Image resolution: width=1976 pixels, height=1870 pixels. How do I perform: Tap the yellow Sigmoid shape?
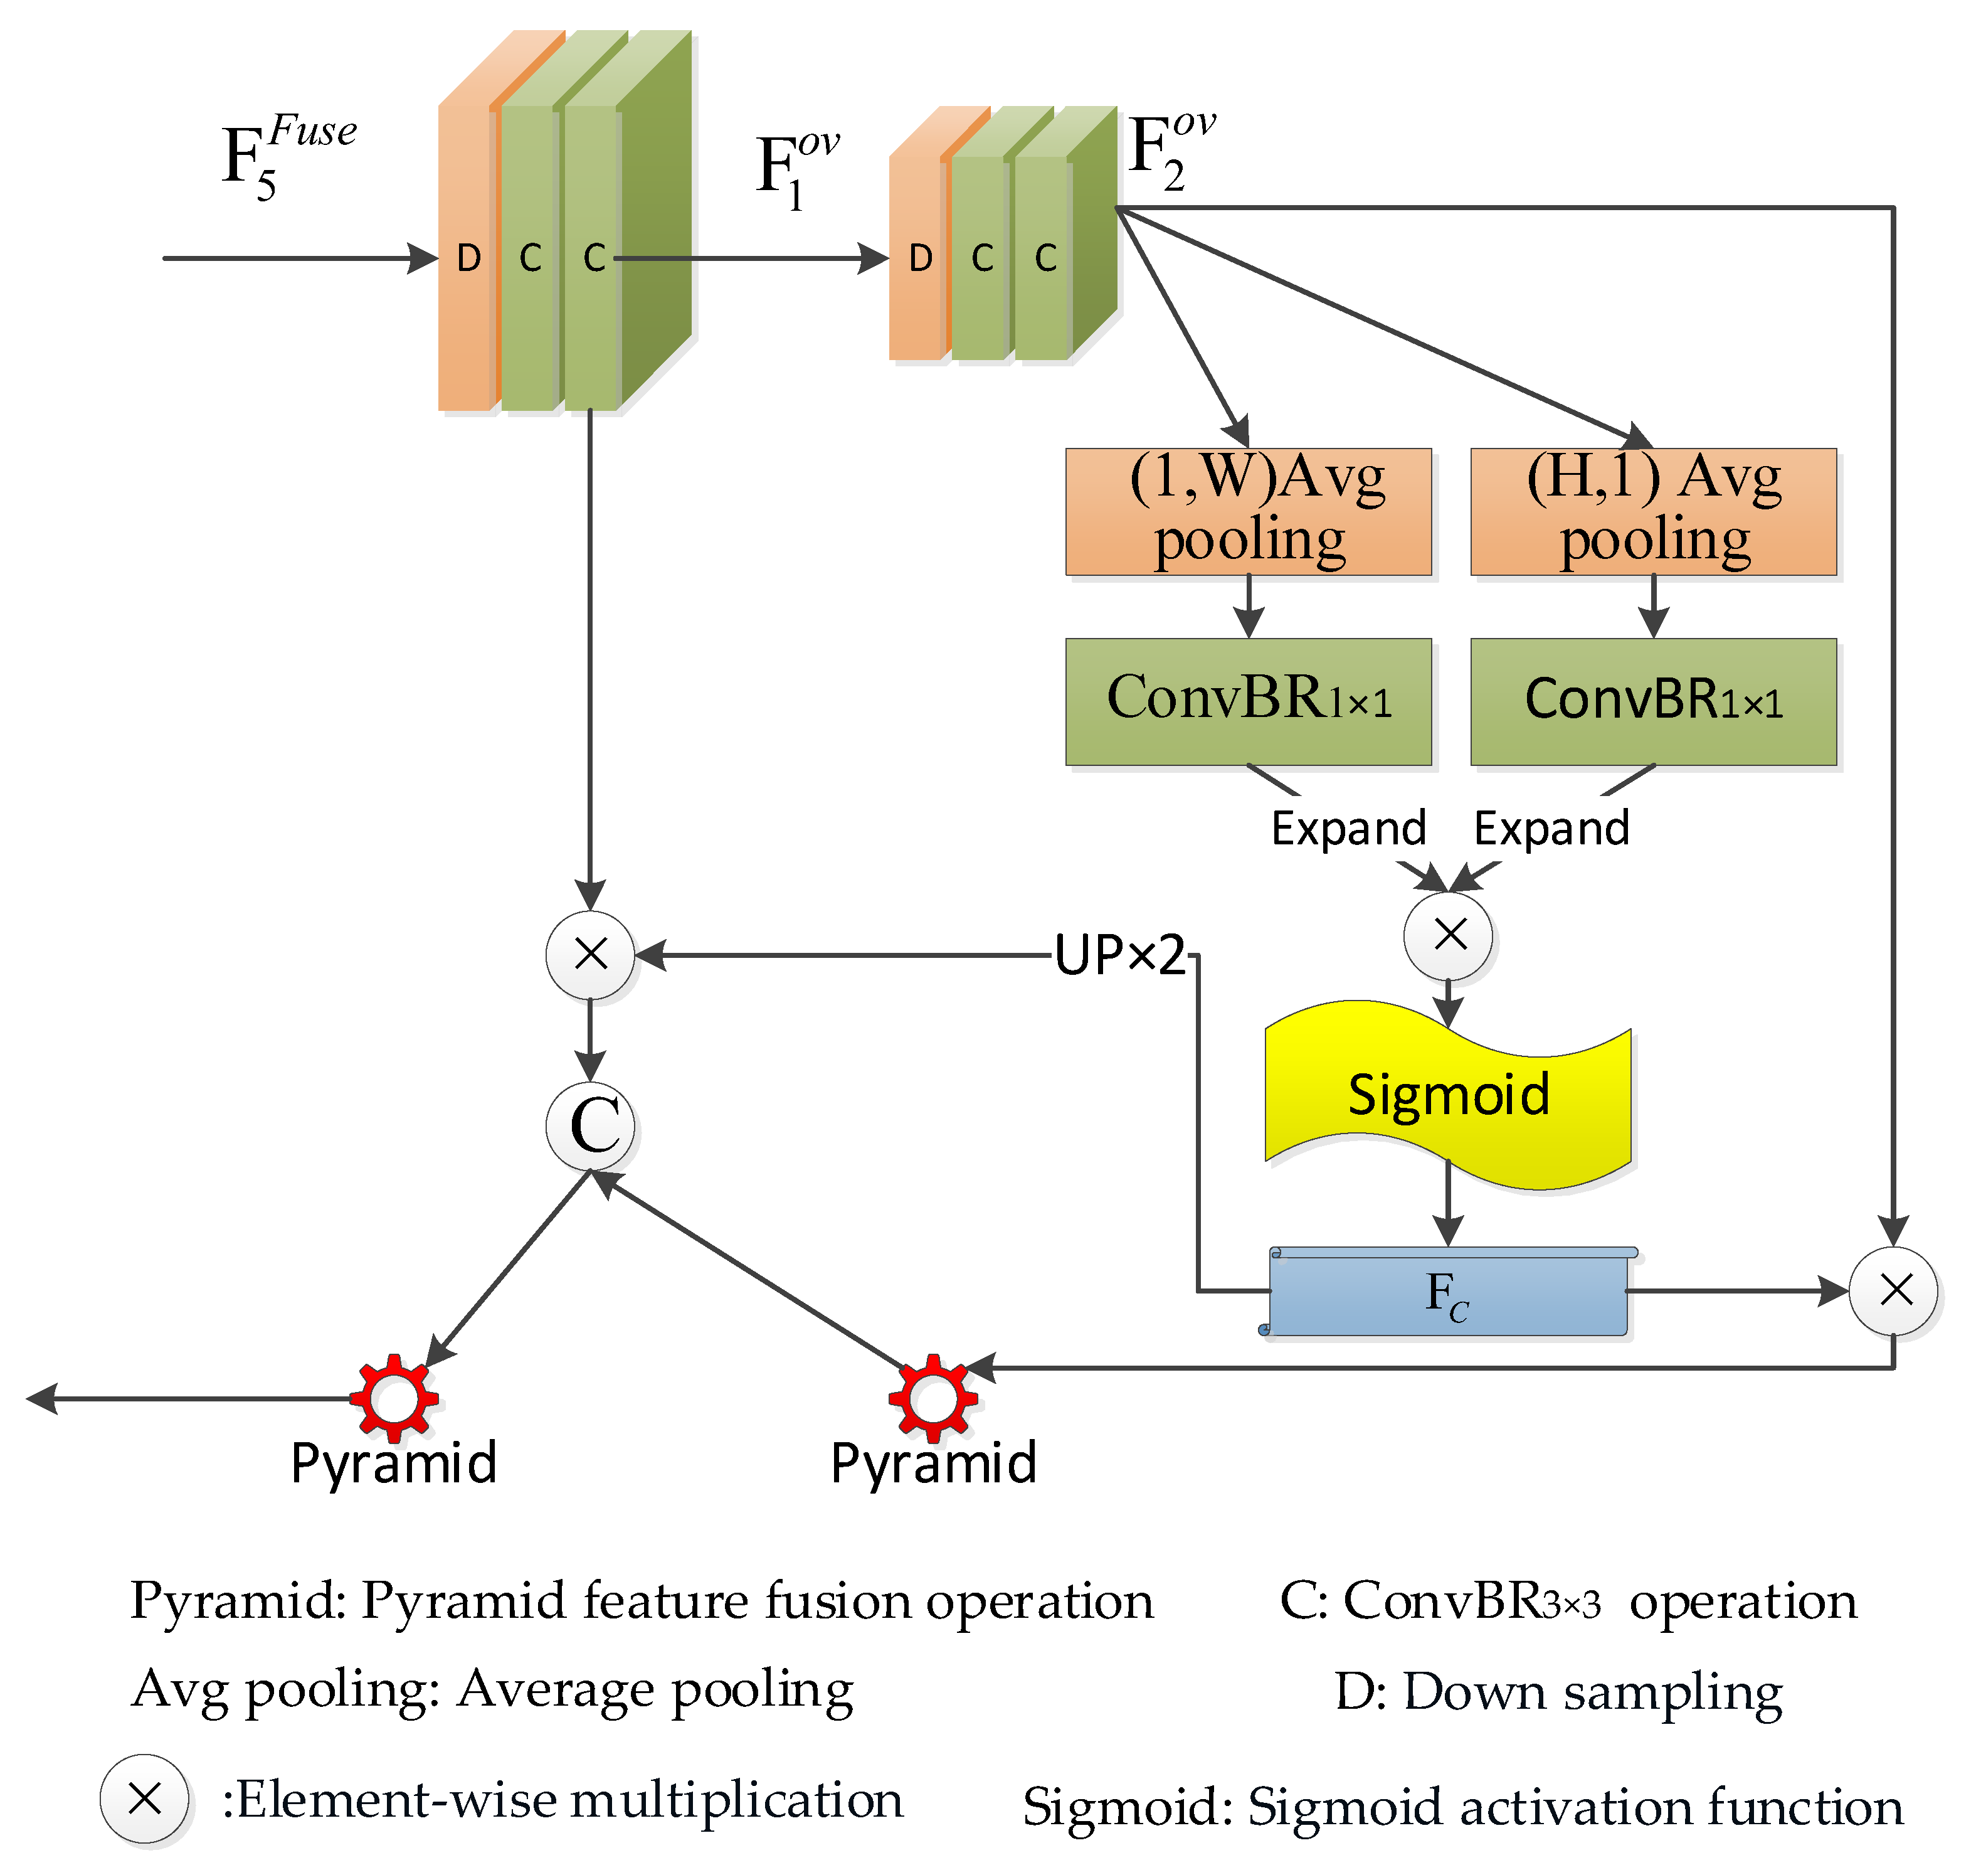[x=1448, y=1095]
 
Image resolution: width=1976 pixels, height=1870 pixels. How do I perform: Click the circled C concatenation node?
[x=591, y=1127]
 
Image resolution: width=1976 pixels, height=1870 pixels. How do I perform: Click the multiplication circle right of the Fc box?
[x=1893, y=1291]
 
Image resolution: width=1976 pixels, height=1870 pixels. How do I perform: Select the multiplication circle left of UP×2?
[x=591, y=954]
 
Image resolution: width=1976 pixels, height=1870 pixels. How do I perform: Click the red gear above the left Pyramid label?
[x=394, y=1398]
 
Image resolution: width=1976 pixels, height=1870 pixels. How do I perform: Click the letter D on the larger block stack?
[x=468, y=259]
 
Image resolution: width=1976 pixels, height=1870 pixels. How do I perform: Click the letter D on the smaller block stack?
[x=920, y=259]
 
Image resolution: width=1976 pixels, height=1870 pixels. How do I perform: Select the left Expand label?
[x=1348, y=828]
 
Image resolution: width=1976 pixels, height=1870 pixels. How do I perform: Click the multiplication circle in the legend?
[x=144, y=1799]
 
